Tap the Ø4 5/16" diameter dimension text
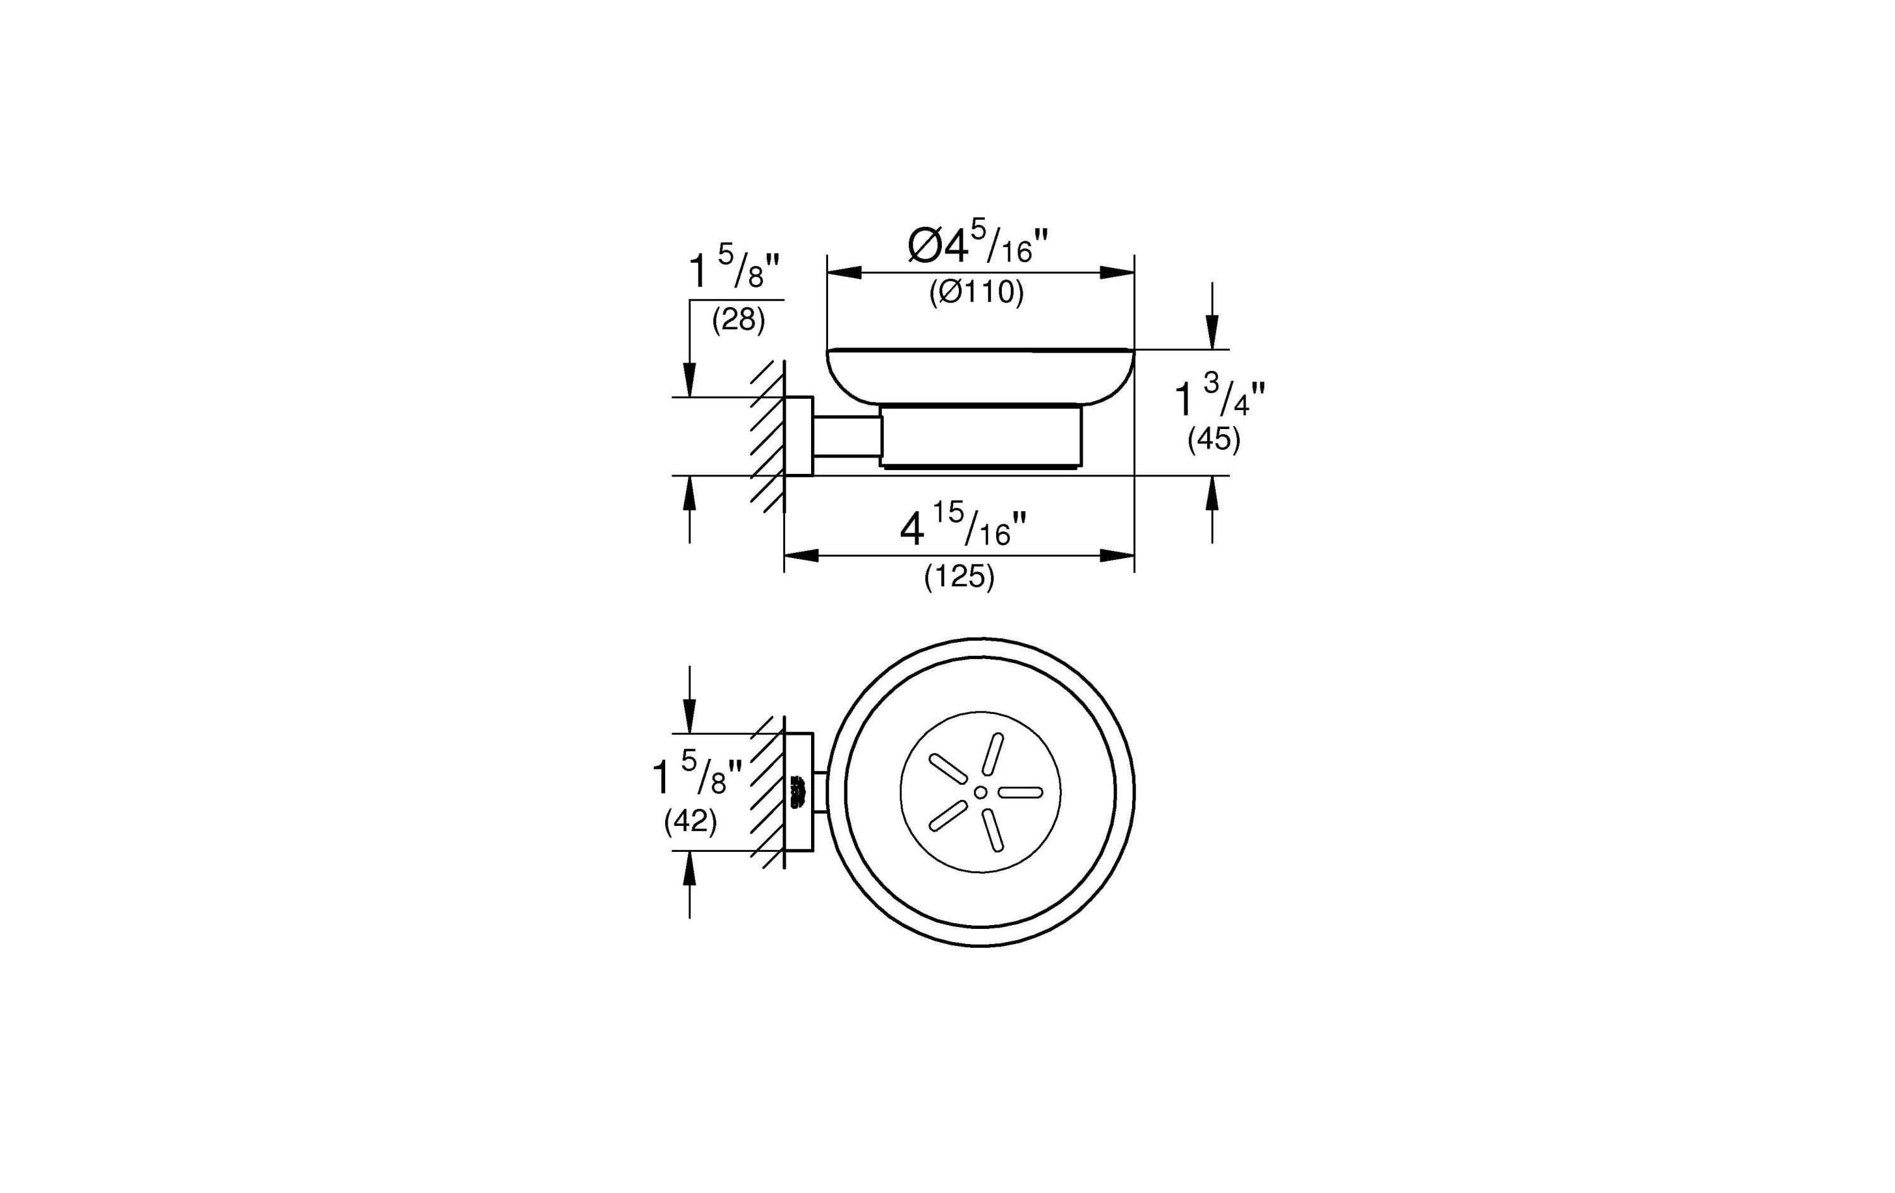(977, 246)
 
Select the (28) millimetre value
(738, 320)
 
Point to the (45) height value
(1213, 439)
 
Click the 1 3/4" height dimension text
(1219, 397)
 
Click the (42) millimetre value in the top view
(690, 821)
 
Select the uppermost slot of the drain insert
(994, 754)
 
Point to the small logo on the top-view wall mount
(799, 791)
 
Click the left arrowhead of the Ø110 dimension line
(844, 272)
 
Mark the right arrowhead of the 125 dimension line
(1117, 556)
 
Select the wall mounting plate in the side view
(799, 436)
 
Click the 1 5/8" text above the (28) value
(733, 270)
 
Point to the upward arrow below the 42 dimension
(690, 869)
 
